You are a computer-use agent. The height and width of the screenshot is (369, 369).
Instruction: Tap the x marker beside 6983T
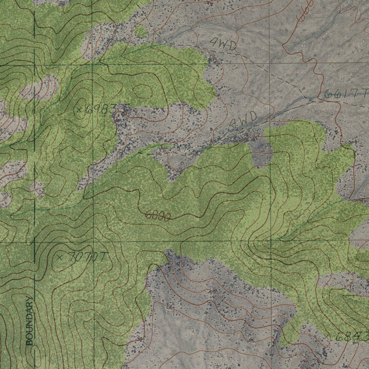(80, 108)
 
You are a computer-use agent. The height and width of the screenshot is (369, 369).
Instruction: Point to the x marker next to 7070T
(60, 257)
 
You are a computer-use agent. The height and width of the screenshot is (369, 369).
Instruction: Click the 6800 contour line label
(157, 216)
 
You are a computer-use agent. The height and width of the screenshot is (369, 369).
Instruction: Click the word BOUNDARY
(30, 320)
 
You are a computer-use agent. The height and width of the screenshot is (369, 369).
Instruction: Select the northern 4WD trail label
(223, 45)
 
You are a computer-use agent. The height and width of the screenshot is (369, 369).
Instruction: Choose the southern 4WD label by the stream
(244, 119)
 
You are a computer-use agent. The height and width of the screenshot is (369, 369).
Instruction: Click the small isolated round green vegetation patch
(141, 31)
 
